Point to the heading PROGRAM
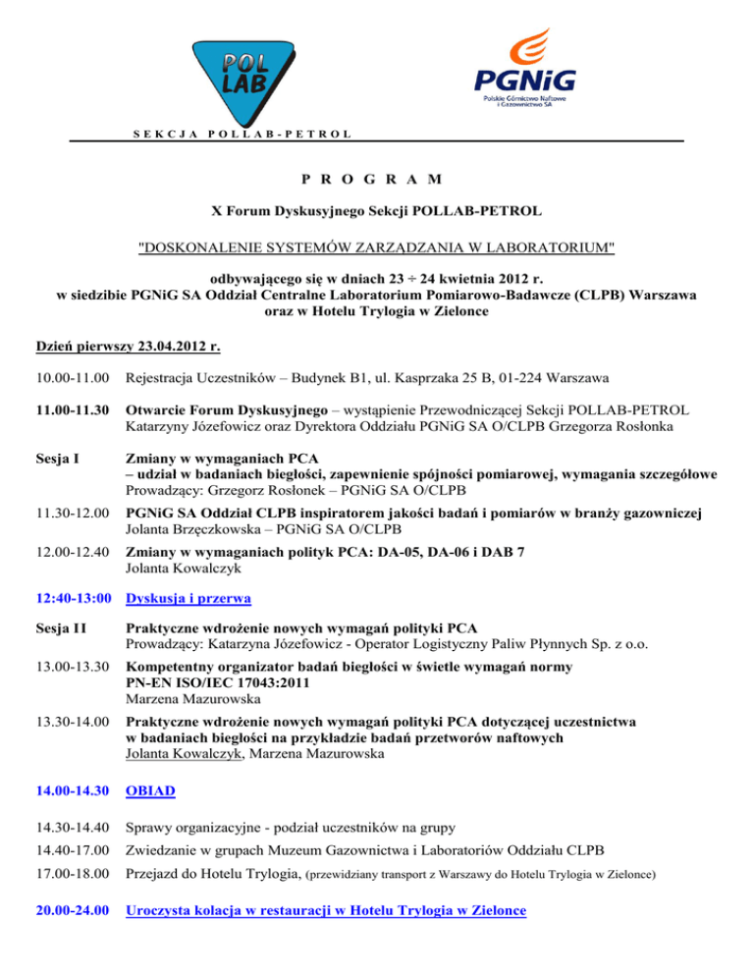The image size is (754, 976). [376, 180]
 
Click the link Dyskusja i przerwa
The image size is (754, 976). [189, 596]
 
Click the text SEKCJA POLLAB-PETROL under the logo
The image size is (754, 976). [241, 133]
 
